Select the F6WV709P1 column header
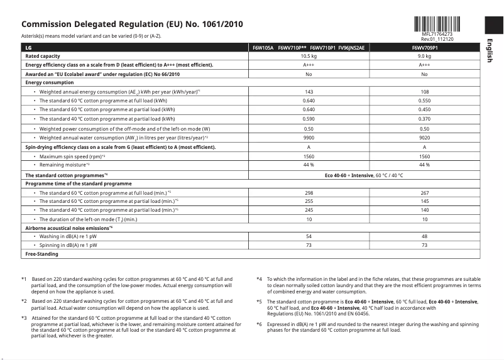click(425, 47)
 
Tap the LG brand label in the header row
click(29, 47)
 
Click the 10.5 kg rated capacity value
click(309, 56)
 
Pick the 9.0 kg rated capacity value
click(425, 56)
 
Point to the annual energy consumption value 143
click(309, 92)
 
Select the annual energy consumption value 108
click(425, 92)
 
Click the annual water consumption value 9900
click(309, 137)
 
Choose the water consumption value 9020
click(425, 137)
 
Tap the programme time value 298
click(309, 192)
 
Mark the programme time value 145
click(425, 201)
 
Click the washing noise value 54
click(309, 236)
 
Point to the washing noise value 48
click(425, 236)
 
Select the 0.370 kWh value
click(425, 119)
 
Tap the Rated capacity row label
click(43, 56)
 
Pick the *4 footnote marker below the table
click(260, 278)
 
